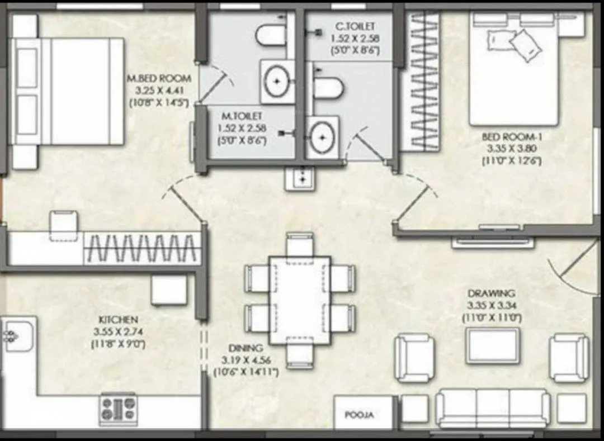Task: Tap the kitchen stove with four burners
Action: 118,409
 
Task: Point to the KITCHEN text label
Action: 118,319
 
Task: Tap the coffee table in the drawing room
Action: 493,345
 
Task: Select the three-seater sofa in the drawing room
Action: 492,408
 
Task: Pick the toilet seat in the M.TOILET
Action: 271,35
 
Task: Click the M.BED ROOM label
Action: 159,78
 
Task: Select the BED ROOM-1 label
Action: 512,136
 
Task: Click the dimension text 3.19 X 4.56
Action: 246,359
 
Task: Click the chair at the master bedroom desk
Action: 64,224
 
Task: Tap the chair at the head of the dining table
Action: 300,243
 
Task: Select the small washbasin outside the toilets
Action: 300,178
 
